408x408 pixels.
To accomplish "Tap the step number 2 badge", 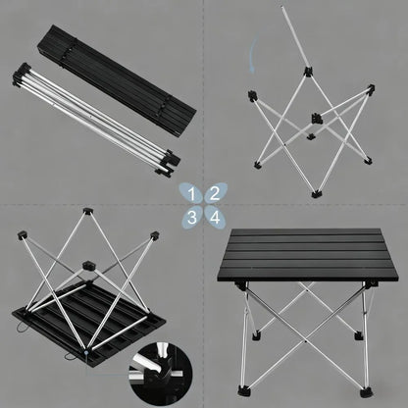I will tap(214, 193).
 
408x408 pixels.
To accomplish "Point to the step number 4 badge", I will tap(214, 215).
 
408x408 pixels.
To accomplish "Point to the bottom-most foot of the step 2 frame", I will tap(317, 194).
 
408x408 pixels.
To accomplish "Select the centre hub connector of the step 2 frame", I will tap(316, 119).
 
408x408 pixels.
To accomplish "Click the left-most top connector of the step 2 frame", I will tap(252, 95).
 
